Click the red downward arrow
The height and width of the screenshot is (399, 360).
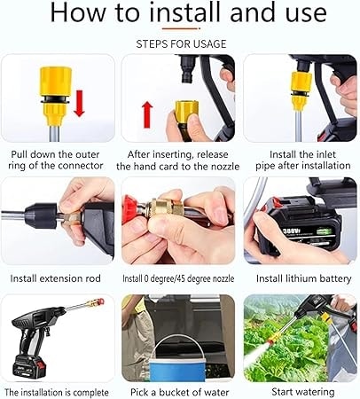pos(79,104)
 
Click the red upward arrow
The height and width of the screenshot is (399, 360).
pos(147,114)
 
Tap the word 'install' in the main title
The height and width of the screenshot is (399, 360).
pos(184,12)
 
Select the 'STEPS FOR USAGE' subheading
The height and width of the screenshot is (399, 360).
pos(181,44)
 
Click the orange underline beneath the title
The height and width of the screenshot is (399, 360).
pos(181,28)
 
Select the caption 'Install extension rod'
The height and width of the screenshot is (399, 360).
pos(56,278)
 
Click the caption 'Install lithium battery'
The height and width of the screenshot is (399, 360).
pos(303,278)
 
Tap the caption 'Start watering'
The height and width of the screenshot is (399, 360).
pos(303,392)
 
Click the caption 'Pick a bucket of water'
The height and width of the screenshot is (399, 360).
pos(180,392)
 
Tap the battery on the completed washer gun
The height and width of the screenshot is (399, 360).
pos(29,366)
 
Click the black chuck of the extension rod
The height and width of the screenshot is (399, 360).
pos(42,215)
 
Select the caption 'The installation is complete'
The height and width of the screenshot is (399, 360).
pos(57,393)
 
